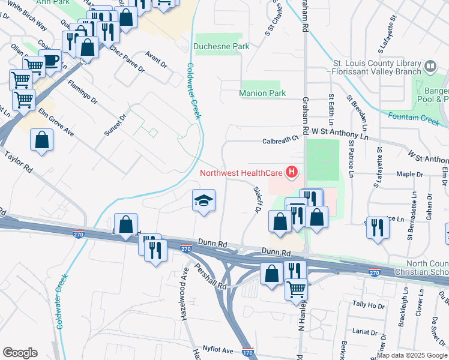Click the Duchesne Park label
point(217,46)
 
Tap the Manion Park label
point(262,93)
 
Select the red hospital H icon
point(291,173)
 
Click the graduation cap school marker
point(204,200)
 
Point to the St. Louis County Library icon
point(430,66)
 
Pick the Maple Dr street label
point(410,174)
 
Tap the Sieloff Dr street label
point(255,200)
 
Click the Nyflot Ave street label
point(218,349)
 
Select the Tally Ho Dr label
point(368,305)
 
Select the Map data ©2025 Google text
point(411,355)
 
